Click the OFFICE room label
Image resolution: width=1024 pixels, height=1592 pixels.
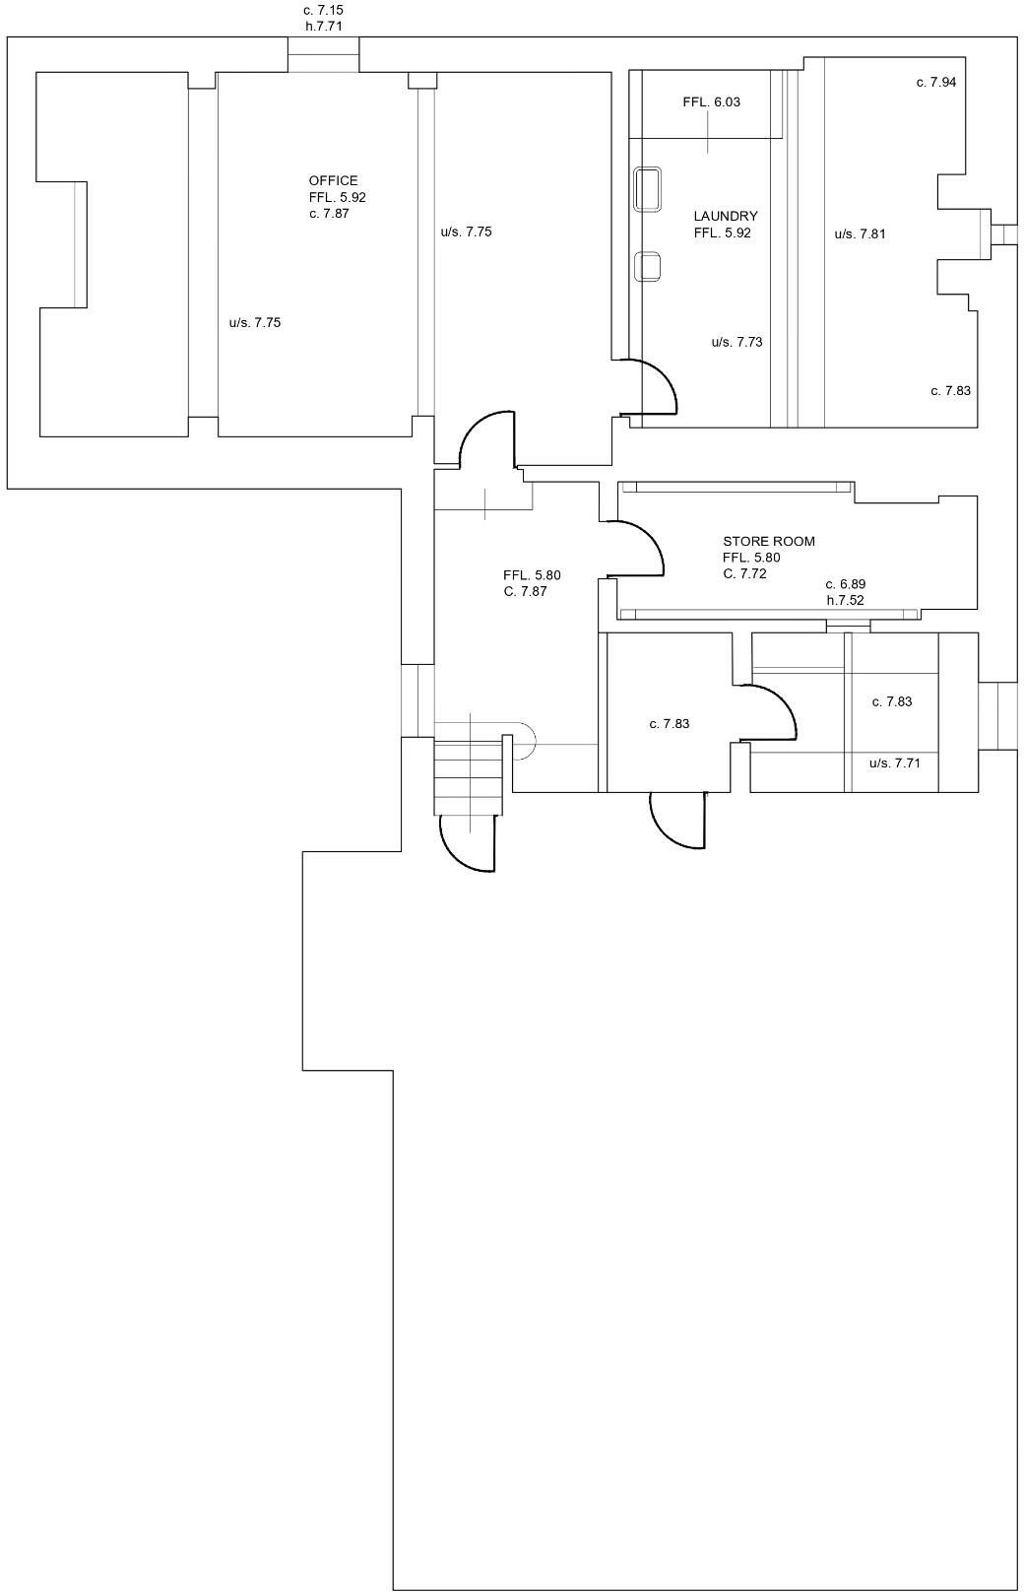pyautogui.click(x=333, y=180)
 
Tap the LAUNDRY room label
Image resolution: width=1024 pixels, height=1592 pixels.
pyautogui.click(x=725, y=216)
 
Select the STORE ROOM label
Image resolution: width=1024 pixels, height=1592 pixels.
pyautogui.click(x=768, y=541)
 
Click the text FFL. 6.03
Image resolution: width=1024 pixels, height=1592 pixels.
pyautogui.click(x=711, y=101)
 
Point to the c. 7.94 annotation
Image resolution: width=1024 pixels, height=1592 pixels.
pyautogui.click(x=935, y=82)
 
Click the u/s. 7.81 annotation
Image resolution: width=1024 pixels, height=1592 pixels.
pyautogui.click(x=860, y=233)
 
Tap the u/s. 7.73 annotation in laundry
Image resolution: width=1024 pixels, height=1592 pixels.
pyautogui.click(x=736, y=342)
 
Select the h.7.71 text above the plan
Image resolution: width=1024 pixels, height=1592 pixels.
pyautogui.click(x=323, y=26)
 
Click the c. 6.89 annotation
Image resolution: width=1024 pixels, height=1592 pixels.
pyautogui.click(x=845, y=584)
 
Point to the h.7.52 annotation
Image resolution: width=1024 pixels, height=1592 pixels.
pyautogui.click(x=845, y=600)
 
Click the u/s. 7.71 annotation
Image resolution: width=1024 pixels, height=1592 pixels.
pyautogui.click(x=894, y=763)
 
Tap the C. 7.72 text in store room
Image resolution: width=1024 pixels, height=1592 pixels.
pyautogui.click(x=744, y=573)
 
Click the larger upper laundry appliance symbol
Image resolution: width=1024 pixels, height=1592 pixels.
pyautogui.click(x=647, y=189)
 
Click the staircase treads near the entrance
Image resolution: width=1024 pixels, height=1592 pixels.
pyautogui.click(x=470, y=777)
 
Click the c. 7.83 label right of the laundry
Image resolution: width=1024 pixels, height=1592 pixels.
pyautogui.click(x=950, y=390)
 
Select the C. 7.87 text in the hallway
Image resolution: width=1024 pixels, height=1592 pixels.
pyautogui.click(x=525, y=591)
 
